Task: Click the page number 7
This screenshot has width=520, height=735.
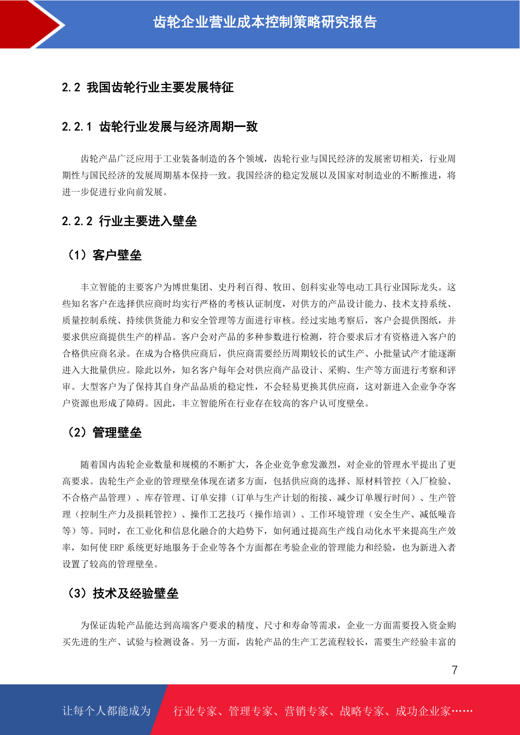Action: pyautogui.click(x=455, y=670)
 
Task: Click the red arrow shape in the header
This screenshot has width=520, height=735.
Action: pyautogui.click(x=26, y=24)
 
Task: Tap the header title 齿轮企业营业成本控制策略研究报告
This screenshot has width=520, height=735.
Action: pyautogui.click(x=265, y=22)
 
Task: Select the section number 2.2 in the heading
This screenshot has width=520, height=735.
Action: pyautogui.click(x=71, y=88)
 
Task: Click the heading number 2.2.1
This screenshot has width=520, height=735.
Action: pyautogui.click(x=77, y=127)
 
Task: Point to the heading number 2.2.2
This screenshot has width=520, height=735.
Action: pyautogui.click(x=77, y=221)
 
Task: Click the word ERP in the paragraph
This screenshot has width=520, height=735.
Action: pyautogui.click(x=117, y=548)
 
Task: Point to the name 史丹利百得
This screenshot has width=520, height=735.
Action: pyautogui.click(x=241, y=287)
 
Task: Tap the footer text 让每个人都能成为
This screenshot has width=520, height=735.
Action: pyautogui.click(x=107, y=711)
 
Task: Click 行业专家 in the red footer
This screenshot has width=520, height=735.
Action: pyautogui.click(x=195, y=711)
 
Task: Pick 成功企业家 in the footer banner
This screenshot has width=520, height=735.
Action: pyautogui.click(x=423, y=711)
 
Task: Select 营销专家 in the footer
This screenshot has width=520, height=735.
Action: pyautogui.click(x=306, y=711)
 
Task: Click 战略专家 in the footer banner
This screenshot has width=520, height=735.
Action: pyautogui.click(x=362, y=711)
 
